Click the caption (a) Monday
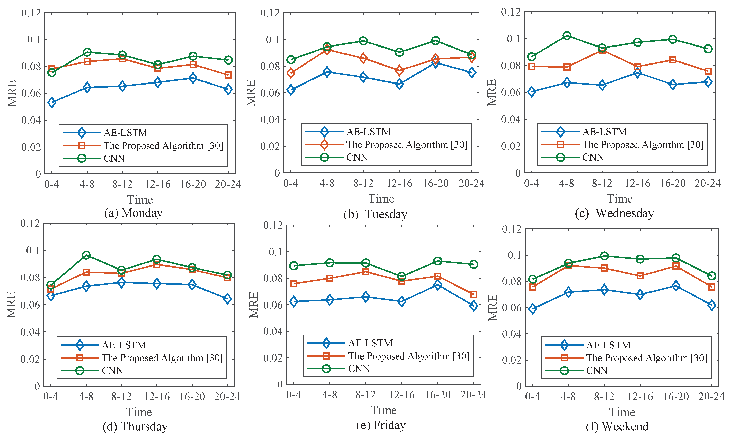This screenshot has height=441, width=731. [133, 213]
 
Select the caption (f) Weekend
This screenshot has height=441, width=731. [617, 426]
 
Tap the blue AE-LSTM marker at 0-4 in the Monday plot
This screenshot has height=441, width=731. [52, 102]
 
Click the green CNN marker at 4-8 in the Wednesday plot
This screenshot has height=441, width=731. [567, 36]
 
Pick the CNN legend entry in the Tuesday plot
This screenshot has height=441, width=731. [357, 157]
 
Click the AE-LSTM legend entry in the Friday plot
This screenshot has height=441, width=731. [370, 343]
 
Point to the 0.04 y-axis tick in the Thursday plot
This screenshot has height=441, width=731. [30, 332]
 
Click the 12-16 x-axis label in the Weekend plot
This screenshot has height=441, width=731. [640, 397]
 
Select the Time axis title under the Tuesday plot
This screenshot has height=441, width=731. [381, 199]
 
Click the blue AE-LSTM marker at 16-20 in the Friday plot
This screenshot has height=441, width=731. [438, 285]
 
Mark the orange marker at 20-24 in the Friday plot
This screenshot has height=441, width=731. [474, 294]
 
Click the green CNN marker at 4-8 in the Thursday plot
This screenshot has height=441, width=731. [86, 255]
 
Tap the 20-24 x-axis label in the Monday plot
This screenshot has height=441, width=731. [228, 184]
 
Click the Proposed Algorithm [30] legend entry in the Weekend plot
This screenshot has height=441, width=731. [647, 358]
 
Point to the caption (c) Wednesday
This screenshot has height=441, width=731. [614, 213]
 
